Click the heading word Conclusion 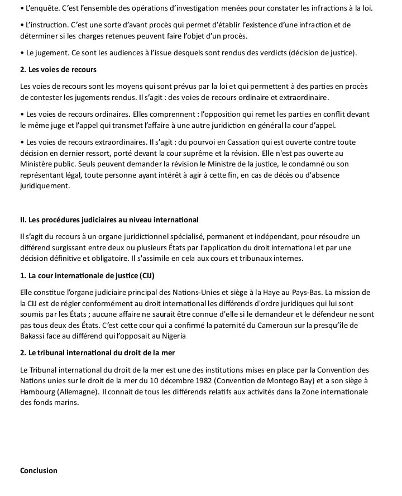click(39, 470)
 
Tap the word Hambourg click(39, 392)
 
